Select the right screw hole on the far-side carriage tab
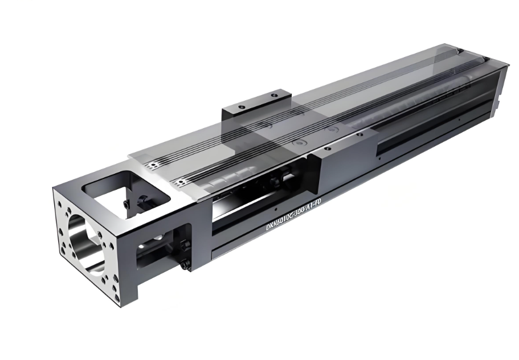click(x=273, y=95)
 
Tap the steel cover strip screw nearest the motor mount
click(x=153, y=165)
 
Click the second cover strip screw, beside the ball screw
click(x=181, y=182)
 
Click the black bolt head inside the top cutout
click(x=125, y=204)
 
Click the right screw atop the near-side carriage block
click(x=359, y=135)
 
